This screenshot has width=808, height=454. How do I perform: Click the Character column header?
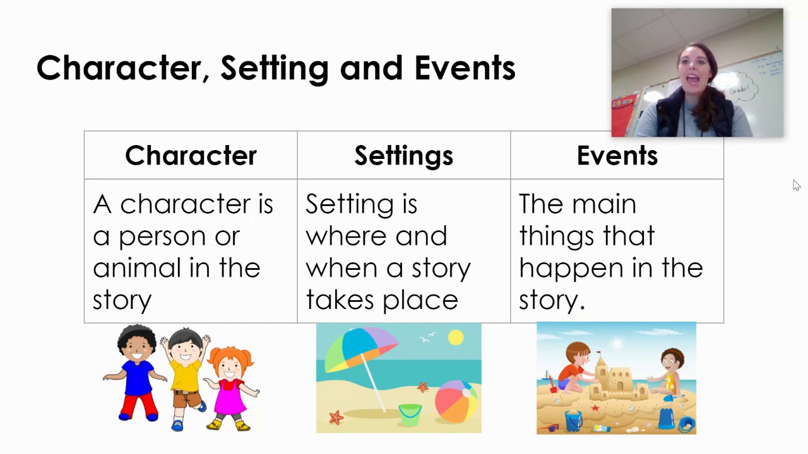pos(191,156)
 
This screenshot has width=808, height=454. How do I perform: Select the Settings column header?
pos(403,156)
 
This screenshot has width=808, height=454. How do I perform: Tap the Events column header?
pos(617,156)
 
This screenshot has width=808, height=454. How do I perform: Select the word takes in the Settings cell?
pos(335,300)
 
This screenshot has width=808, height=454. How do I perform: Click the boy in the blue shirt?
pos(138,372)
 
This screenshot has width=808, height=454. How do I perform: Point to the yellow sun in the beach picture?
pos(455,339)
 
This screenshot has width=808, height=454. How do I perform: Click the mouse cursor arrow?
pos(796,185)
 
